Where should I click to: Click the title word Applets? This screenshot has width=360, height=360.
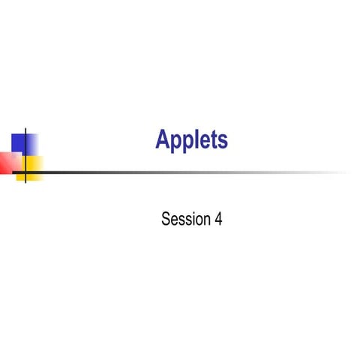click(x=192, y=139)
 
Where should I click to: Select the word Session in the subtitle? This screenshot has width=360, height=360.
click(x=182, y=220)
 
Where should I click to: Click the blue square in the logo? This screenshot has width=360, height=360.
click(x=22, y=142)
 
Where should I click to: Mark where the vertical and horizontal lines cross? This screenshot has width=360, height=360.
click(x=26, y=172)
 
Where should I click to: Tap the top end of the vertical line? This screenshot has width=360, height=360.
click(x=26, y=129)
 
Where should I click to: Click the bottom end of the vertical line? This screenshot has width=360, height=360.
click(x=26, y=182)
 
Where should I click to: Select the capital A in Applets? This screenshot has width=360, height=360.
click(x=163, y=139)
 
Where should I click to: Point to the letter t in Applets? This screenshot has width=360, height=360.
click(x=213, y=140)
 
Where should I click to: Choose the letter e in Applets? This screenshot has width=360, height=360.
click(x=204, y=142)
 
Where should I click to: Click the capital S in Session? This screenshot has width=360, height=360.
click(x=166, y=220)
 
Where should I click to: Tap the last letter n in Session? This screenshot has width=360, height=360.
click(x=205, y=221)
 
